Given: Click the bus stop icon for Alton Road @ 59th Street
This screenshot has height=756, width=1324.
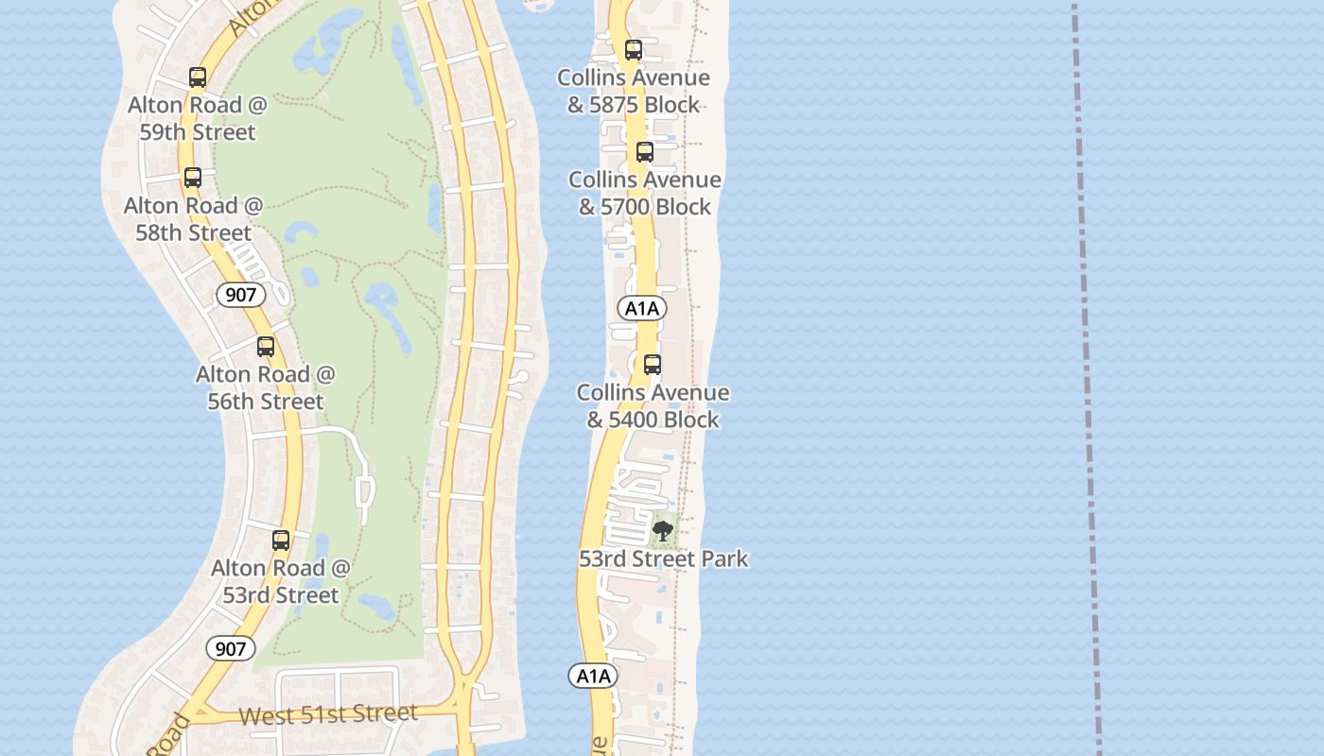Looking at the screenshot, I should click(x=198, y=77).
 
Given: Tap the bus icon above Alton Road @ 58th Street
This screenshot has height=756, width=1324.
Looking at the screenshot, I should click(x=193, y=178).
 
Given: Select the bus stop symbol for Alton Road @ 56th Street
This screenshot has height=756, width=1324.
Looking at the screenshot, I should click(x=266, y=347).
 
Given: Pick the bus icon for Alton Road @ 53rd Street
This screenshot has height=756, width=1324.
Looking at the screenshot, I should click(x=281, y=541).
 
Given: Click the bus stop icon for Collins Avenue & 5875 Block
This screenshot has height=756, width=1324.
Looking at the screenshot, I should click(x=634, y=50).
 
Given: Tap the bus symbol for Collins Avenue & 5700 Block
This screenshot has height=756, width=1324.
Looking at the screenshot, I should click(x=645, y=152).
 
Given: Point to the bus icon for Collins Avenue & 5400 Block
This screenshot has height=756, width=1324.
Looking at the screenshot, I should click(x=653, y=365).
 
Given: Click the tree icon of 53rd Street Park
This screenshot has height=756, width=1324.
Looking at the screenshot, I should click(x=664, y=530).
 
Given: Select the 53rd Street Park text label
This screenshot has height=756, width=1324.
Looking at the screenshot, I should click(x=664, y=558).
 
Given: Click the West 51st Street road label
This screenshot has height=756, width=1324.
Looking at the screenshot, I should click(x=327, y=713).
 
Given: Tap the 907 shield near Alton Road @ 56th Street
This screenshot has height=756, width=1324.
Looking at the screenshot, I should click(x=241, y=295).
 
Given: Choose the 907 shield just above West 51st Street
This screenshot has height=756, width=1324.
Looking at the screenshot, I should click(x=230, y=648).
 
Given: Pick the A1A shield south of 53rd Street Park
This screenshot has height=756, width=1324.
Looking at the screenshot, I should click(x=593, y=676).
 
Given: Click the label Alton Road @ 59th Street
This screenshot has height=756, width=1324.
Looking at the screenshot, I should click(x=198, y=118).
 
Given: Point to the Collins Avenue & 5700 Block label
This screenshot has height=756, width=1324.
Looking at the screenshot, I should click(x=645, y=193).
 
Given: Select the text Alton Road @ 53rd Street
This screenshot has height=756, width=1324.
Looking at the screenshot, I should click(x=281, y=581).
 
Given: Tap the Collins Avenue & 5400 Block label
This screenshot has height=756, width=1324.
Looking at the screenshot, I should click(x=653, y=405).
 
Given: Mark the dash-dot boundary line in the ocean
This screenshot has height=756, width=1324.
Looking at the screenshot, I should click(x=1086, y=378).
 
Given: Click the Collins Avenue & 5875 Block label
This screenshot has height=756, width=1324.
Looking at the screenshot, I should click(x=634, y=91).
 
